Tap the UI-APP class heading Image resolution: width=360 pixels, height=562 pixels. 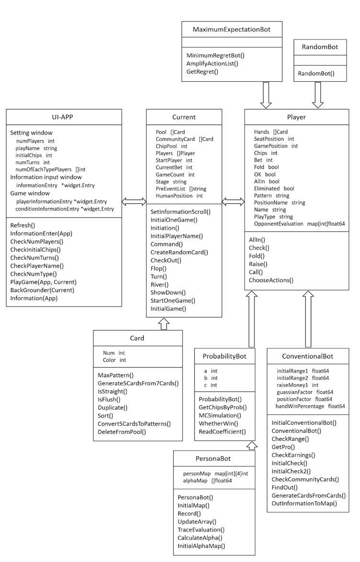(x=64, y=116)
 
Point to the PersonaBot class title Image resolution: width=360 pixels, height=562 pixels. (x=213, y=458)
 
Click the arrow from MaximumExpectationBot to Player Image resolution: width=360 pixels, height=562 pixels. (x=264, y=95)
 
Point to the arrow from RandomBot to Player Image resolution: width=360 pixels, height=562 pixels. (x=318, y=95)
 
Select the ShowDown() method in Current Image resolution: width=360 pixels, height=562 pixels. (x=168, y=292)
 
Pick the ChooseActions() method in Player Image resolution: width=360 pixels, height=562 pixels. (x=271, y=280)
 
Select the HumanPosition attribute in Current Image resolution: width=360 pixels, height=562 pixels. (x=179, y=196)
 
